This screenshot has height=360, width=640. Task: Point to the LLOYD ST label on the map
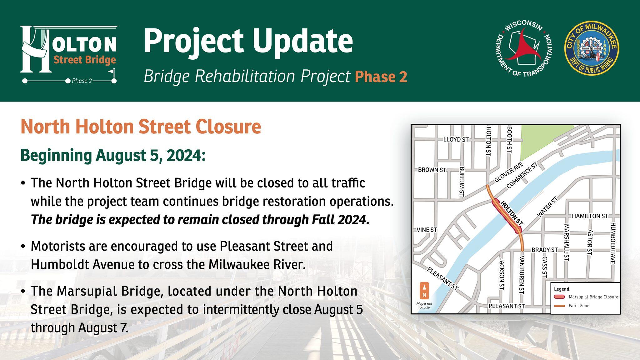pyautogui.click(x=456, y=139)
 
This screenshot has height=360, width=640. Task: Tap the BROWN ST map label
pyautogui.click(x=432, y=170)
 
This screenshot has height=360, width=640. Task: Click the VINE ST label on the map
pyautogui.click(x=427, y=230)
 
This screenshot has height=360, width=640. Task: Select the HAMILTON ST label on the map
pyautogui.click(x=590, y=216)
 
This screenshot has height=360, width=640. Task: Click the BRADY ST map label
pyautogui.click(x=545, y=250)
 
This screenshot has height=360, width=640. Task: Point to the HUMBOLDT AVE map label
pyautogui.click(x=612, y=243)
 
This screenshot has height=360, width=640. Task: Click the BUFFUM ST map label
pyautogui.click(x=462, y=181)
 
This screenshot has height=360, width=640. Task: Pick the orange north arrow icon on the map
pyautogui.click(x=424, y=291)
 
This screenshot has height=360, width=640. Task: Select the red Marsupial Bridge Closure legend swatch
pyautogui.click(x=559, y=297)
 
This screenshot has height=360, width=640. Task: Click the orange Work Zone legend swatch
pyautogui.click(x=559, y=306)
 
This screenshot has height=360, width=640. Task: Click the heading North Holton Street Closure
pyautogui.click(x=141, y=127)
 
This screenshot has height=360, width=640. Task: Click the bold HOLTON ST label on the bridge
pyautogui.click(x=512, y=213)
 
